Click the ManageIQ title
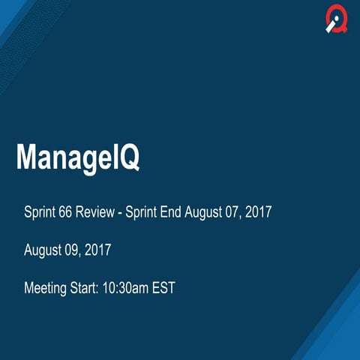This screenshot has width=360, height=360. tap(78, 158)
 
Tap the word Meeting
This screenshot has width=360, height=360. tap(46, 287)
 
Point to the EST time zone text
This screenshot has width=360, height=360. tap(163, 287)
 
